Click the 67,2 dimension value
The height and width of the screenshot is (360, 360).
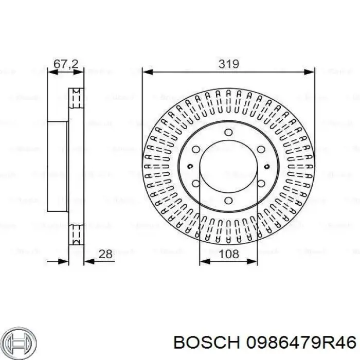(x=66, y=64)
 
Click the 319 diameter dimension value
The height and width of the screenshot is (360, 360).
(x=229, y=64)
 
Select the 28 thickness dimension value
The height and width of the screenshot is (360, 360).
(x=105, y=254)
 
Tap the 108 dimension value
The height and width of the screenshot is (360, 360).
(x=229, y=254)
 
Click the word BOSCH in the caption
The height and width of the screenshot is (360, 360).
(x=207, y=343)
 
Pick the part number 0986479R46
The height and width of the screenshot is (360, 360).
(x=301, y=343)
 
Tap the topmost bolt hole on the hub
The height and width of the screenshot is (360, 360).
(x=228, y=132)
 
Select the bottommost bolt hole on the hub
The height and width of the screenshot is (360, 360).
(x=228, y=201)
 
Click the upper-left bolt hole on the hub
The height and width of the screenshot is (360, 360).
(x=196, y=150)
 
